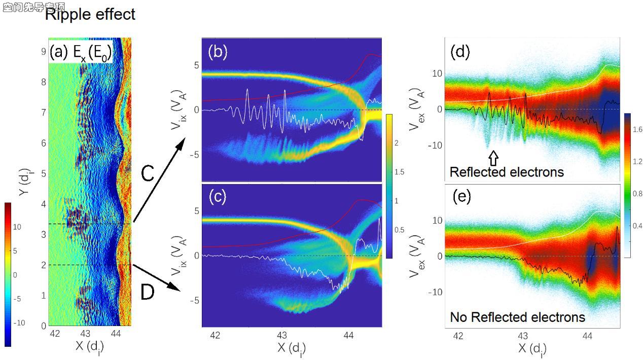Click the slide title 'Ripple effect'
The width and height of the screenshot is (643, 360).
pyautogui.click(x=90, y=14)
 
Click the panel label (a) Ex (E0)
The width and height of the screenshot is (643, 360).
pyautogui.click(x=81, y=53)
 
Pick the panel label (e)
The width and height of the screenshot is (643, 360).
pyautogui.click(x=461, y=197)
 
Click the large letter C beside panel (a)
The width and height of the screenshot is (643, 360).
pyautogui.click(x=148, y=174)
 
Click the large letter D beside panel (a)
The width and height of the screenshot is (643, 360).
pyautogui.click(x=147, y=293)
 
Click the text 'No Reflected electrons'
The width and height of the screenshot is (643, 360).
pyautogui.click(x=517, y=317)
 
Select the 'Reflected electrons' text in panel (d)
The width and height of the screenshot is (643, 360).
pyautogui.click(x=507, y=172)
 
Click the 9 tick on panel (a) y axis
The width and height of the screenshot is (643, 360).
pyautogui.click(x=43, y=51)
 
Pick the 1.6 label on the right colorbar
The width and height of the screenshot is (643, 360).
pyautogui.click(x=637, y=129)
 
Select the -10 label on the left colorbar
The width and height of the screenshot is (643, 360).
pyautogui.click(x=17, y=323)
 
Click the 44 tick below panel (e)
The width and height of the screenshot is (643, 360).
pyautogui.click(x=587, y=336)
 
